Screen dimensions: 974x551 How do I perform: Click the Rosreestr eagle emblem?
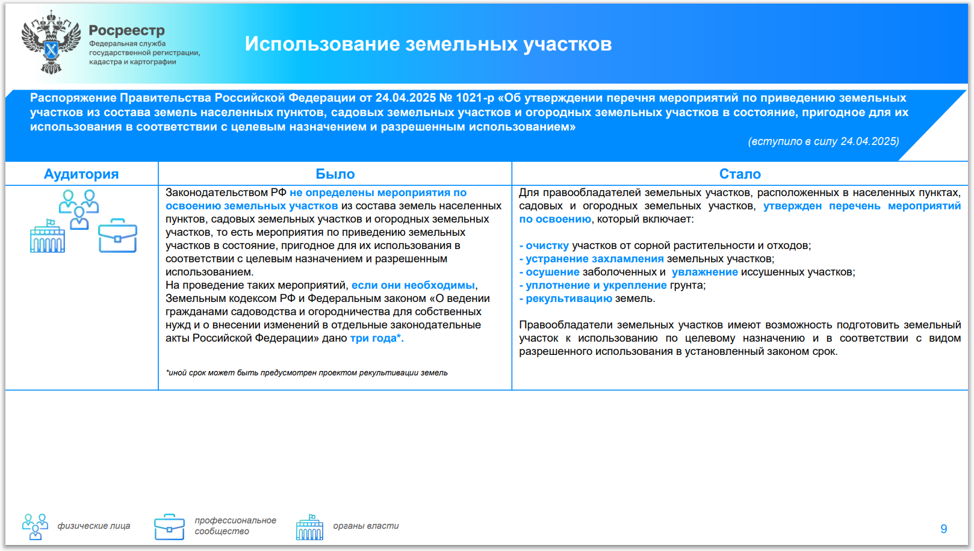(51, 42)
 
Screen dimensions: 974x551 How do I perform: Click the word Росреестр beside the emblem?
(127, 30)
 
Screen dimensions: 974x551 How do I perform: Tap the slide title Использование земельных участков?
(428, 44)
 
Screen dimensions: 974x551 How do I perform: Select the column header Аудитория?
(81, 174)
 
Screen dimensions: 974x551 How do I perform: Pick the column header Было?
(335, 174)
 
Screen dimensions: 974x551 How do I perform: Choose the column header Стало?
(740, 174)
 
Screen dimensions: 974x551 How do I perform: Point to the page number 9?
(943, 529)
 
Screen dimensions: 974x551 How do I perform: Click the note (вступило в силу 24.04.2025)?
(824, 141)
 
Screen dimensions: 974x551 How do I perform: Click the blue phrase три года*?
(377, 338)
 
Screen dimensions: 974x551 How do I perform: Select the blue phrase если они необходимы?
(413, 285)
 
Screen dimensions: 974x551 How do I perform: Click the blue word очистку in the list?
(547, 245)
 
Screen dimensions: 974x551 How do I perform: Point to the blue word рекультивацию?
(569, 298)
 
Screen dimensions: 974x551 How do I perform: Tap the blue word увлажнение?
(705, 272)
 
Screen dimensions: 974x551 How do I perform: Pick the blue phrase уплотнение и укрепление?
(596, 285)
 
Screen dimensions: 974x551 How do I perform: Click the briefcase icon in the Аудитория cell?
(117, 236)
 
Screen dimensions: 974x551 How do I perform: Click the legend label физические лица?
(94, 526)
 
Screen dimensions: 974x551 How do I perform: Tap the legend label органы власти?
(365, 526)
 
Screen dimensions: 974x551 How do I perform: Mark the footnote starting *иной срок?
(306, 373)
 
